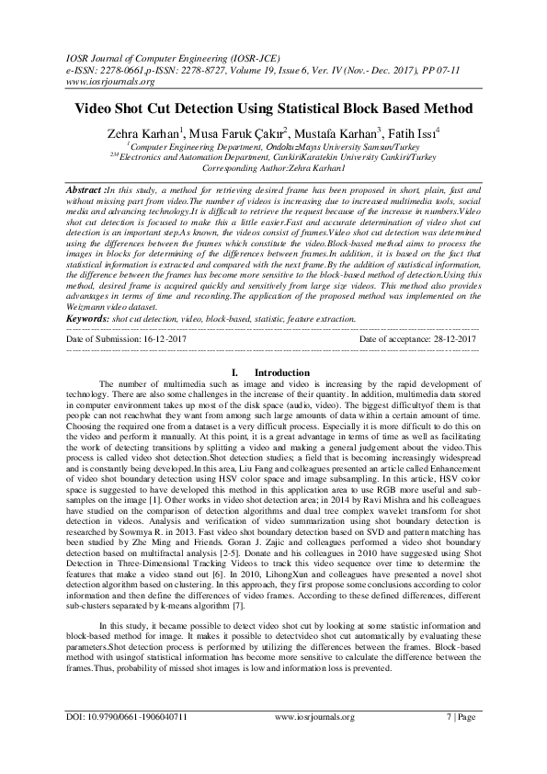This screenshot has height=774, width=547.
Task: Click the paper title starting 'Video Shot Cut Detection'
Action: tap(273, 108)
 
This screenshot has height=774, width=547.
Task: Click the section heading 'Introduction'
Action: tap(281, 372)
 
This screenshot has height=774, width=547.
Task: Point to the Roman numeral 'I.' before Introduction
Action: tap(234, 372)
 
